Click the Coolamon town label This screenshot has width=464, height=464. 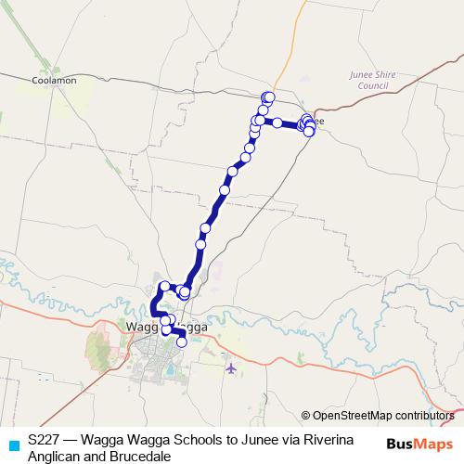point(53,81)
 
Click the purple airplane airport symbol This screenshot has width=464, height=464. point(230,368)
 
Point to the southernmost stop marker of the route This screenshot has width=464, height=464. point(181,342)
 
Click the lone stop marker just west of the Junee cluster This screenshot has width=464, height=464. point(277,122)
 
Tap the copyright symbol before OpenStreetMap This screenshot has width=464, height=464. point(305,416)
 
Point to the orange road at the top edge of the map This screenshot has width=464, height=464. point(303,9)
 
